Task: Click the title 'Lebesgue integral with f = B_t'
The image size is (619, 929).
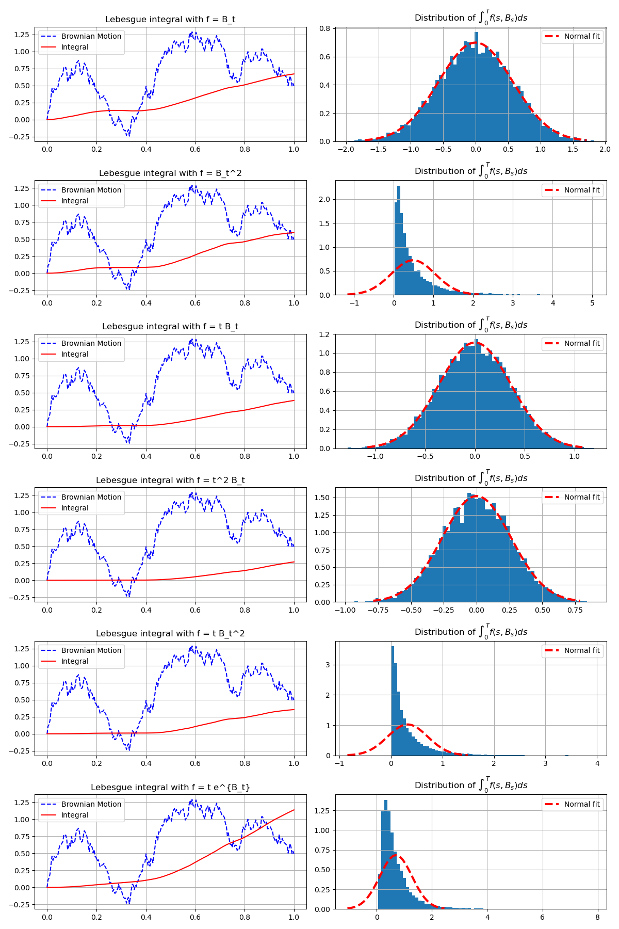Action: [170, 20]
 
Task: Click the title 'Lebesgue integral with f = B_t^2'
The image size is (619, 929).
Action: [170, 173]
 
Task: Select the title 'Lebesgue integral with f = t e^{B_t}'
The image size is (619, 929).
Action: [170, 788]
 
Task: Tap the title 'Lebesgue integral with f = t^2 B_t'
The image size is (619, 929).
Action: [170, 480]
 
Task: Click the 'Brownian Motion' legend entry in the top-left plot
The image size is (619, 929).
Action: [91, 36]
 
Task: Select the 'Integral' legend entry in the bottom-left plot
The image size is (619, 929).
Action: [75, 815]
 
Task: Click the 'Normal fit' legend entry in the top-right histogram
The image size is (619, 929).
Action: [581, 36]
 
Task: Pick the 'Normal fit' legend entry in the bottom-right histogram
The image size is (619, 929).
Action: [581, 804]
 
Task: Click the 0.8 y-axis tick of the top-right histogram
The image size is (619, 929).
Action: [324, 29]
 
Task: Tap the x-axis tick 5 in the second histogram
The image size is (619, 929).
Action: [592, 303]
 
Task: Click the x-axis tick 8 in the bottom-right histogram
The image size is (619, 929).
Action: [597, 917]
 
